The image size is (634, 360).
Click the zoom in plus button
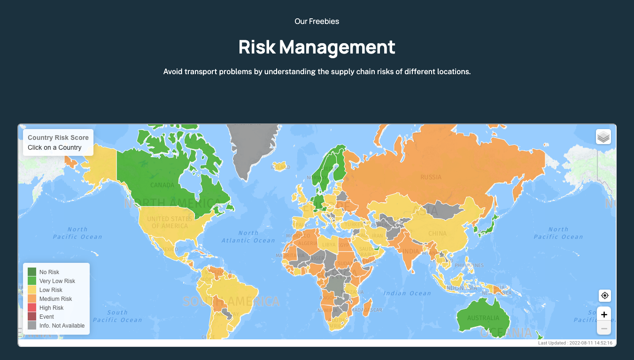604,314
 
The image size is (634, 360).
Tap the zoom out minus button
604,329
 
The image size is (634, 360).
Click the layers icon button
603,137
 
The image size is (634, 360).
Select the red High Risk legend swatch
32,307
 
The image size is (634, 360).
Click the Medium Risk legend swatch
32,299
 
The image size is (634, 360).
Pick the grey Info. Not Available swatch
32,325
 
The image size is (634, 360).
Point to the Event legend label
46,317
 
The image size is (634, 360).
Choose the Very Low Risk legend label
57,281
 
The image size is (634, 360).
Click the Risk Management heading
317,47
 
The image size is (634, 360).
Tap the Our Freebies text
317,21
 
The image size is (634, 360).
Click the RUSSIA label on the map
431,177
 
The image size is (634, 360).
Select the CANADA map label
162,185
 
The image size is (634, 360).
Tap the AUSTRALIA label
483,318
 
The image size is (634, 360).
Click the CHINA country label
437,233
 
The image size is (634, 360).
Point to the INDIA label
411,251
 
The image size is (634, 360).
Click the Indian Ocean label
407,293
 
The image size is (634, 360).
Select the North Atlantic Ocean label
248,237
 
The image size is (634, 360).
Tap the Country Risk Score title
58,138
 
